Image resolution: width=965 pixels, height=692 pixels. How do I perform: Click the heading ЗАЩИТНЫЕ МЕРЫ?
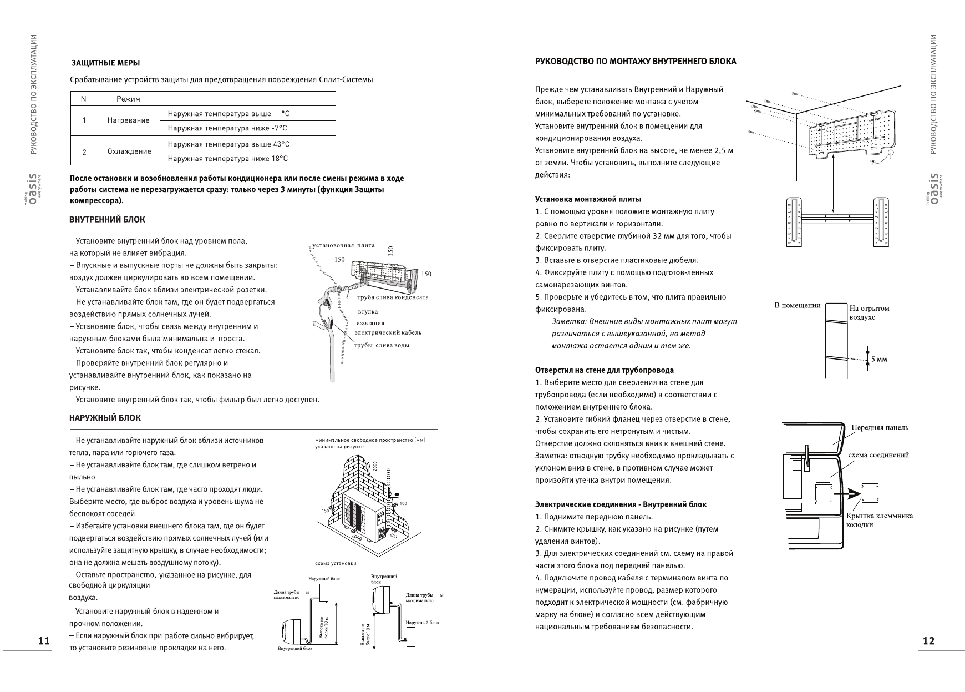point(105,63)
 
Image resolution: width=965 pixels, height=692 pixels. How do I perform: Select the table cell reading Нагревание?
point(129,120)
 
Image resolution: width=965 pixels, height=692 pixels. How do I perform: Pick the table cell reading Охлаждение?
point(129,151)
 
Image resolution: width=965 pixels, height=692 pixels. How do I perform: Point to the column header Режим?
point(129,99)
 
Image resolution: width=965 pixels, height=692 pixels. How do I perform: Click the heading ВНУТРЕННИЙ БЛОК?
point(107,220)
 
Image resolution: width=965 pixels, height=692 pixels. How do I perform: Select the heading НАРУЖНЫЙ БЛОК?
point(105,418)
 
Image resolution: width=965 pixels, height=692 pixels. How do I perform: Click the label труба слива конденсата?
point(393,297)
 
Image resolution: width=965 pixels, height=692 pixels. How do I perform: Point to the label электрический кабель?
point(388,332)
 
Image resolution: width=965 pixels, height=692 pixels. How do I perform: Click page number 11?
point(44,641)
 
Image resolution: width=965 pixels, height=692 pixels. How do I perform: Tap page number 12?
point(928,641)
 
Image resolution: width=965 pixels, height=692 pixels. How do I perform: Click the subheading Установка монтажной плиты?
point(588,199)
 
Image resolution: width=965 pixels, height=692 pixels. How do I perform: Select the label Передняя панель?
point(880,427)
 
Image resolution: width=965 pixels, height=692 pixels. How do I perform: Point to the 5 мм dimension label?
point(878,359)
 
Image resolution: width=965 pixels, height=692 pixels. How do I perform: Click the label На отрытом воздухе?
point(869,312)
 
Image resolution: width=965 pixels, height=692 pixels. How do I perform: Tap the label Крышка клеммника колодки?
point(879,520)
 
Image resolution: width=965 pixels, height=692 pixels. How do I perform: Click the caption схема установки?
point(335,563)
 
